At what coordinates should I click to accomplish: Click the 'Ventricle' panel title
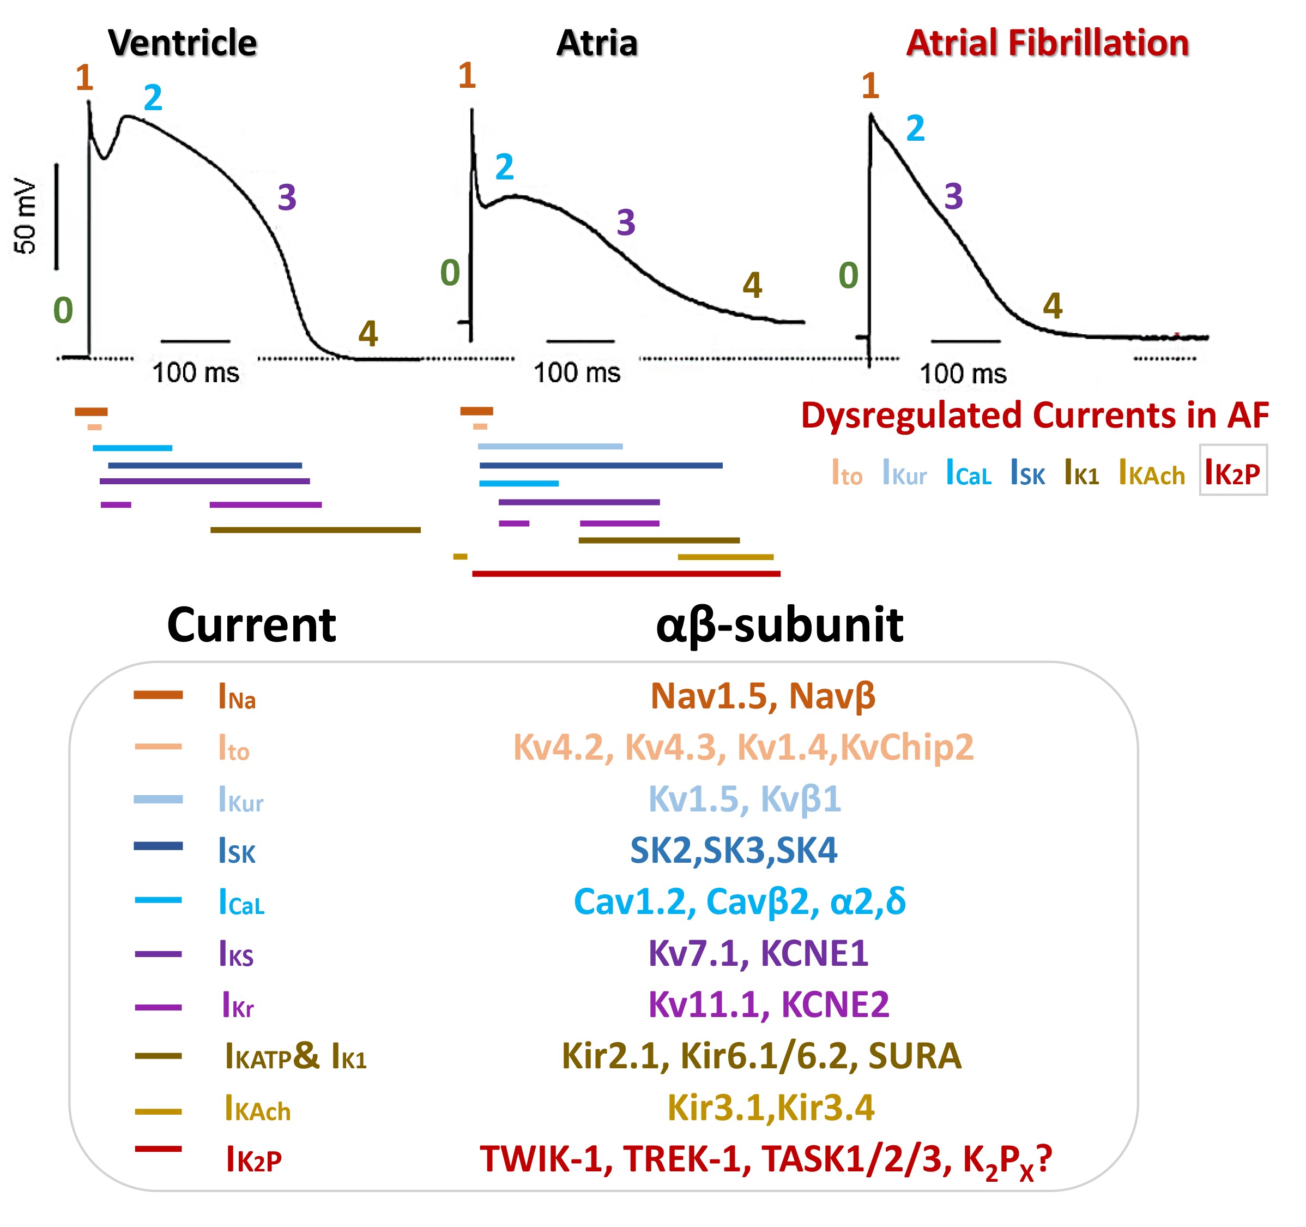[x=182, y=44]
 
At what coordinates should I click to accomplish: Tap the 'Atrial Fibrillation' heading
[x=1047, y=44]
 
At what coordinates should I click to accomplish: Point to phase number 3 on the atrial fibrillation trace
[x=953, y=196]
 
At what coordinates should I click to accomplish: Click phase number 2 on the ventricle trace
[x=153, y=99]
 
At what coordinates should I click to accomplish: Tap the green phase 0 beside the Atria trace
[x=450, y=273]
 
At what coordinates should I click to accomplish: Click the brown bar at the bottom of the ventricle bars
[x=316, y=530]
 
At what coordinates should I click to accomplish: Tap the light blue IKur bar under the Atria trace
[x=550, y=446]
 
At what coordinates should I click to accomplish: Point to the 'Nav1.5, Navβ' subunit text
[x=763, y=695]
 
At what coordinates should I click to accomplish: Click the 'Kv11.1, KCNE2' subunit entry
[x=769, y=1004]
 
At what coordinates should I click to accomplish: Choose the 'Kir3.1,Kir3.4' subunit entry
[x=771, y=1108]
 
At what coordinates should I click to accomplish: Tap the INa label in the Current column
[x=237, y=696]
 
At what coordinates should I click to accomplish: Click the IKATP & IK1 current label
[x=295, y=1057]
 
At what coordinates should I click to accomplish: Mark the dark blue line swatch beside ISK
[x=158, y=846]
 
